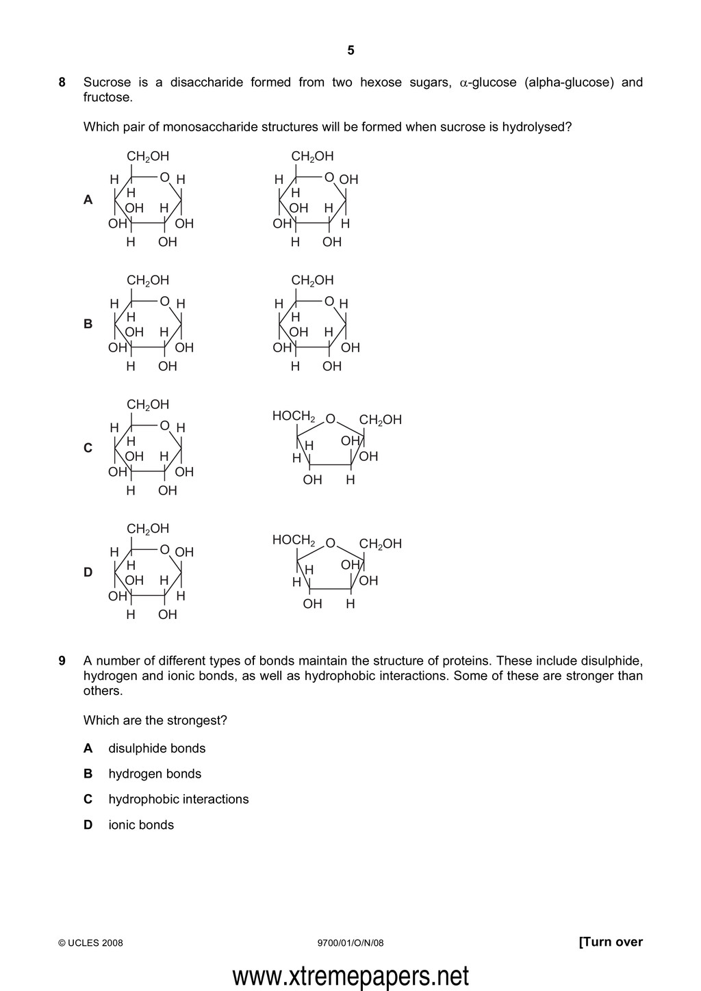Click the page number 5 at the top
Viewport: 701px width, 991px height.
tap(350, 50)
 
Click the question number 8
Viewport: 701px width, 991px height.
tap(62, 83)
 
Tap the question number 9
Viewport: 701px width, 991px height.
tap(62, 661)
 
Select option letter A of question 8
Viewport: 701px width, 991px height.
tap(88, 200)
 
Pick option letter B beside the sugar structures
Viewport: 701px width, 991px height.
tap(88, 324)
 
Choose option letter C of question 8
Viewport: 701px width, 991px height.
tap(88, 448)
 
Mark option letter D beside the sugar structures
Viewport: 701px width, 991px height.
tap(88, 572)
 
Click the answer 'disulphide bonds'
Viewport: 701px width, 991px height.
tap(157, 748)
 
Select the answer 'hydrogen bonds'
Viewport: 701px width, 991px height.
tap(155, 774)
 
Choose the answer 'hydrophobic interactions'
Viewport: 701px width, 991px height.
tap(179, 799)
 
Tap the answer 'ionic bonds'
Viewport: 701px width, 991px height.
tap(141, 825)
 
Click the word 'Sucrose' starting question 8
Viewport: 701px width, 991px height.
tap(107, 83)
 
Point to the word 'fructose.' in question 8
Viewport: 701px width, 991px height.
tap(107, 98)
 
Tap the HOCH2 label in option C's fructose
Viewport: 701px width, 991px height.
tap(294, 416)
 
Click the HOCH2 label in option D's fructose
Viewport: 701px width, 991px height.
tap(294, 540)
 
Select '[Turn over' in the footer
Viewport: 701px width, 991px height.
tap(611, 942)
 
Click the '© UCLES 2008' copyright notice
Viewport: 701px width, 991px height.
tap(91, 943)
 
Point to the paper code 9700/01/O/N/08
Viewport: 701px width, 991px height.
tap(351, 943)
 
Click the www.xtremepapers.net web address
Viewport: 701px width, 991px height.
tap(350, 976)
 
